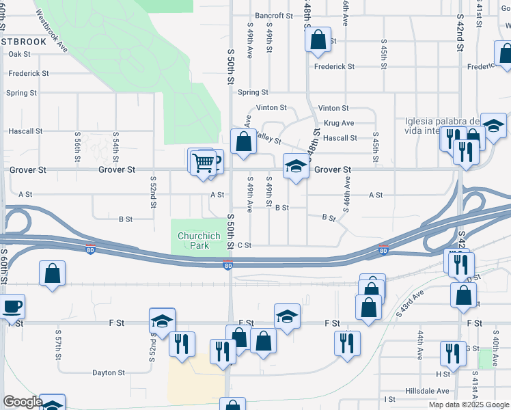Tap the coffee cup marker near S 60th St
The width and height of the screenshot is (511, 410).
[x=12, y=305]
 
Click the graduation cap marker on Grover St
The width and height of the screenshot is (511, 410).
[x=295, y=167]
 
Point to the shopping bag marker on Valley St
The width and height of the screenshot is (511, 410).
[x=243, y=142]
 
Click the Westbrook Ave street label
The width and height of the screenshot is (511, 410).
[x=51, y=31]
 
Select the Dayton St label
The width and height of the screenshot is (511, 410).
[x=109, y=373]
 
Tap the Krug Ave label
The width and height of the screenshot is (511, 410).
[x=339, y=123]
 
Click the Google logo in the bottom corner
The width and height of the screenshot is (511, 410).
[x=23, y=402]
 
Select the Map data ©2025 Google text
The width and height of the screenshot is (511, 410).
[x=468, y=405]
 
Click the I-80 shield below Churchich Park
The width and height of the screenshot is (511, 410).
[x=227, y=265]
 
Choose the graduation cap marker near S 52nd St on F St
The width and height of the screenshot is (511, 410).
[x=163, y=320]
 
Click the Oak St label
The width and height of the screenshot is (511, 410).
[x=20, y=54]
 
